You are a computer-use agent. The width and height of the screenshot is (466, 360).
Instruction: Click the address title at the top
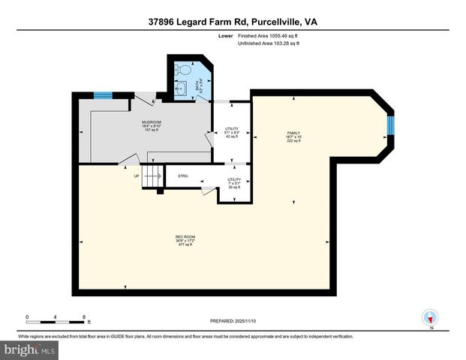coord(232,22)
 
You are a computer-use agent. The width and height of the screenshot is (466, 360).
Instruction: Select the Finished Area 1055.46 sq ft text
coord(268,35)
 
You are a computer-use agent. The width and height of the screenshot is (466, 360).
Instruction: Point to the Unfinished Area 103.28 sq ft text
coord(268,44)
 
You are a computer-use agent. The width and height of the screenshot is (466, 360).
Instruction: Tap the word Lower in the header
coord(224,35)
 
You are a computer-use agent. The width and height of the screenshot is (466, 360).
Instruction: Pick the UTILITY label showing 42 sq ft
coord(232,132)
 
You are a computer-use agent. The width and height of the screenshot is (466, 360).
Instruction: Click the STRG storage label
coord(182,175)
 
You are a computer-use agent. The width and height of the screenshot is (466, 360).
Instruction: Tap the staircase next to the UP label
coord(152,178)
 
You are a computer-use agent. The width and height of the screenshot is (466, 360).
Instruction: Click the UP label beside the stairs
coord(137,176)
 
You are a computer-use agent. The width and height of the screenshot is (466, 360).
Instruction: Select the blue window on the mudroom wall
coord(103,94)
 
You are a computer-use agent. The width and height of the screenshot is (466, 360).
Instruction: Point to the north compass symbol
coord(430,318)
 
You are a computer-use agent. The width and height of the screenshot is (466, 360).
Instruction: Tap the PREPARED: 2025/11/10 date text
coord(233,321)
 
